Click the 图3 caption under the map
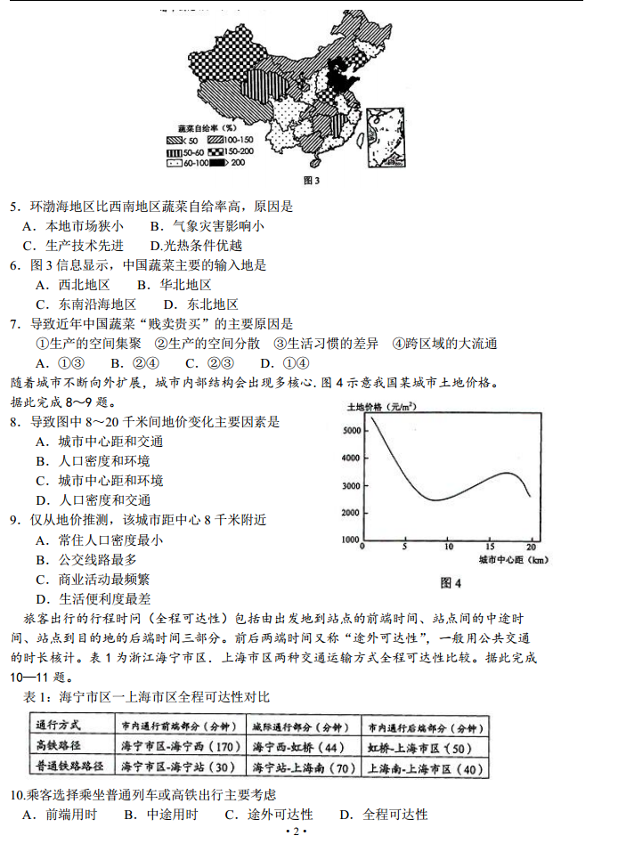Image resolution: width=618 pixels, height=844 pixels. coord(311,181)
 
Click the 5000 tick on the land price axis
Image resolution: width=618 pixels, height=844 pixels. coord(351,430)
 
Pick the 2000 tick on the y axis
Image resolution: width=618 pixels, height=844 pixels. coord(351,513)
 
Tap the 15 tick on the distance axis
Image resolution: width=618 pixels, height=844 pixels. coord(489,547)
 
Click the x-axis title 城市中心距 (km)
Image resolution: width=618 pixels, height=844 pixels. coord(512,561)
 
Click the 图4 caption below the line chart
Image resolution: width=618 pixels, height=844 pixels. coord(451,584)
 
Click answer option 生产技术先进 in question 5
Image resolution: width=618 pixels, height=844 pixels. coord(82,246)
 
